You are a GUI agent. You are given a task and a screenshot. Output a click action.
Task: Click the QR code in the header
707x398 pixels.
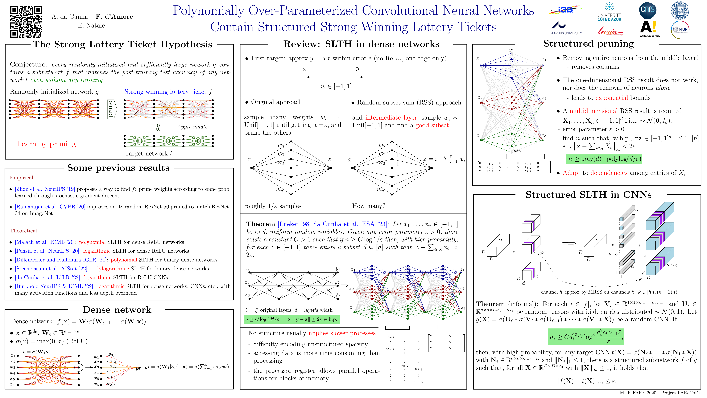coord(26,22)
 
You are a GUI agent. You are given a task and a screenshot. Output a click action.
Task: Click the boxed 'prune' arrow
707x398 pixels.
coord(111,109)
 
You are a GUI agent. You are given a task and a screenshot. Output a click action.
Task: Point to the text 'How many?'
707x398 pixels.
coord(368,206)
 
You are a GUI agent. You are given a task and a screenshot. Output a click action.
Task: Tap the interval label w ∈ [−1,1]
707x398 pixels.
coord(336,87)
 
